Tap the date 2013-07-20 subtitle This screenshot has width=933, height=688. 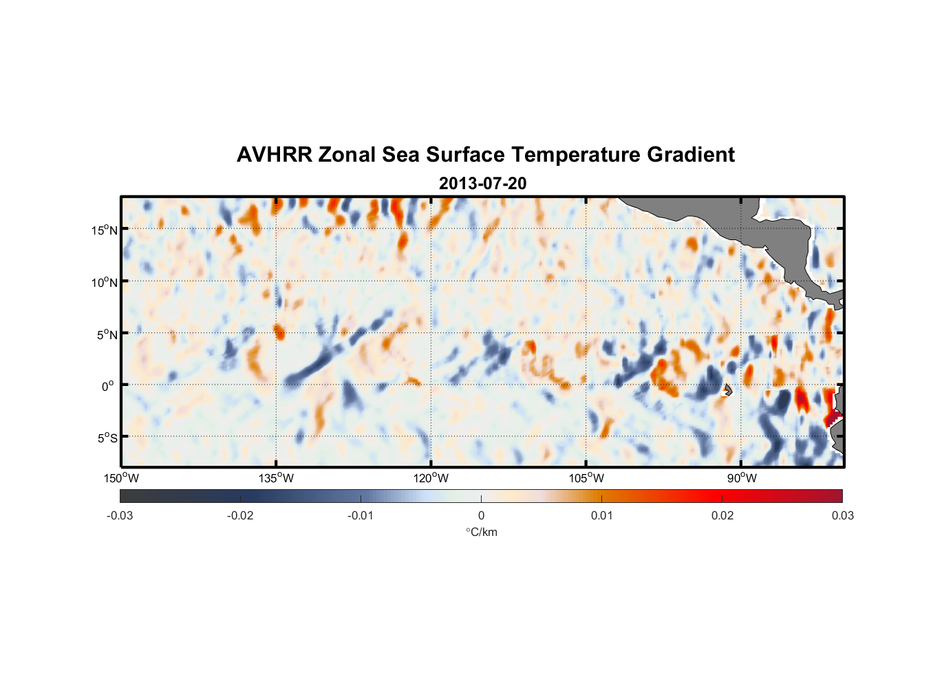click(x=482, y=184)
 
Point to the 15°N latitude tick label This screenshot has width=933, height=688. click(x=104, y=230)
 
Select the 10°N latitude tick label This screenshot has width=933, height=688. click(x=104, y=282)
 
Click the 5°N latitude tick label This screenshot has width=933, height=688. click(x=106, y=334)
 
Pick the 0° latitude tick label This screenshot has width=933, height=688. click(x=108, y=386)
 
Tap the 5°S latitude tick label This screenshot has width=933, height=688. click(x=106, y=438)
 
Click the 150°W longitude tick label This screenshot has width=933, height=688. click(x=121, y=478)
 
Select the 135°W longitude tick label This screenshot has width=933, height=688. click(x=276, y=478)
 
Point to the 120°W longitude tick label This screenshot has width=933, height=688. click(x=431, y=478)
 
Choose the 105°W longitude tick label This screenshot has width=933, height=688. click(x=586, y=478)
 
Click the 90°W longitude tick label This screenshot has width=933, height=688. click(x=742, y=478)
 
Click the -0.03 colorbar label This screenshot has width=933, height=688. click(x=120, y=515)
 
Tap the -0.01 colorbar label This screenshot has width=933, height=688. click(x=361, y=515)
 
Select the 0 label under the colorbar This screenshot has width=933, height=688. click(x=481, y=515)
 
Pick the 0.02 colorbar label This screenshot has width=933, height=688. click(x=722, y=515)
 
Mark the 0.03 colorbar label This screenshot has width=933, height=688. click(x=842, y=515)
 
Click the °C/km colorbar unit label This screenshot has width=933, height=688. click(x=481, y=532)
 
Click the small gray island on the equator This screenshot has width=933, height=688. click(x=727, y=390)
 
